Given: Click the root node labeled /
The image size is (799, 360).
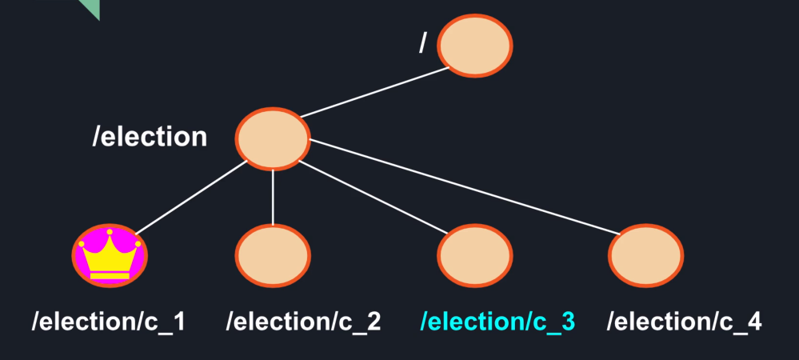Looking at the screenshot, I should pos(475,46).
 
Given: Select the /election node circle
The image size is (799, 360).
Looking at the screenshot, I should pos(272,138).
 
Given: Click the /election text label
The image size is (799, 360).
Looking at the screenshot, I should pos(150,137).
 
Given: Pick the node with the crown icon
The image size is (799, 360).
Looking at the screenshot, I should pos(110,255).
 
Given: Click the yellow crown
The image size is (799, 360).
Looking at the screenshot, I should pos(110,258).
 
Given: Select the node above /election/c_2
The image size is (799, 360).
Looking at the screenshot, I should pos(272,255).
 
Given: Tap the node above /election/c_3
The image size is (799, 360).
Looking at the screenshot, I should pos(474,255).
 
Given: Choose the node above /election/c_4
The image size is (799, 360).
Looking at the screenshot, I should pos(645,255).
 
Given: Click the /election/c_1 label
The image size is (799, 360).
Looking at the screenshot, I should pos(109,322).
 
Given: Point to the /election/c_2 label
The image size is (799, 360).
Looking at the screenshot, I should pos(303,322).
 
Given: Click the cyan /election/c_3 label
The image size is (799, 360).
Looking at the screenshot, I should pos(497,322).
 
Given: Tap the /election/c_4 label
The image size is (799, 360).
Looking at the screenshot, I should pos(684,322).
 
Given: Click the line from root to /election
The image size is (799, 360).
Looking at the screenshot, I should pos(376,94).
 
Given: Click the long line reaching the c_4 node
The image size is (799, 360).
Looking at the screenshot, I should pos(464,187).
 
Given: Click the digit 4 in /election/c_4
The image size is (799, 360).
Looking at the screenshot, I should pos(753,322).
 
